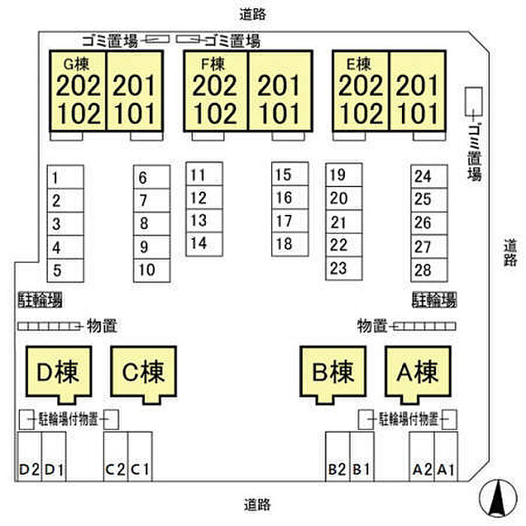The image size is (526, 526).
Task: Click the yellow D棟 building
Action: pyautogui.click(x=58, y=371)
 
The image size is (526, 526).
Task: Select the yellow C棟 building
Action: pyautogui.click(x=143, y=371)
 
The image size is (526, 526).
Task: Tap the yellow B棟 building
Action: pyautogui.click(x=333, y=371)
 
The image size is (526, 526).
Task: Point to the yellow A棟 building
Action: pyautogui.click(x=417, y=371)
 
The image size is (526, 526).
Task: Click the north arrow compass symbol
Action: pyautogui.click(x=496, y=497)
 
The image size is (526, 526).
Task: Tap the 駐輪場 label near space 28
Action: pyautogui.click(x=434, y=301)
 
